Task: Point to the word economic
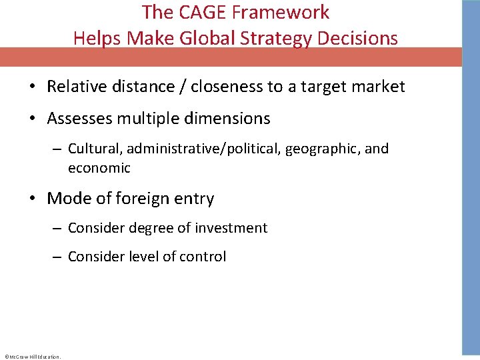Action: [x=99, y=168]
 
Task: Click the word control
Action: [x=203, y=257]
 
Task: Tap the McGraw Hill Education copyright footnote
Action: [x=32, y=357]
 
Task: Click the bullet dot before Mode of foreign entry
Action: [x=31, y=199]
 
